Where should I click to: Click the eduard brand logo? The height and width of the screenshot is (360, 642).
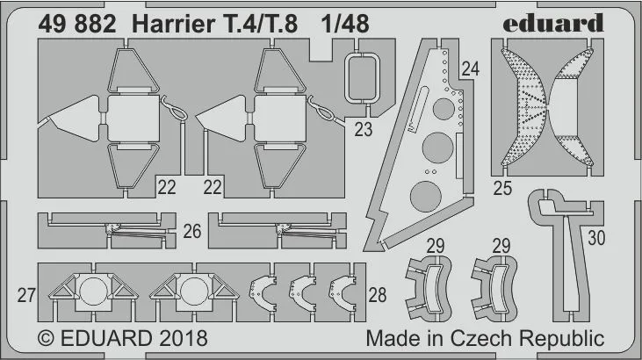553,23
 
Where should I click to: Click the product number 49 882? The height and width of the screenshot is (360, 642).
77,25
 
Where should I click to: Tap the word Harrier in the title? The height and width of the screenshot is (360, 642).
172,25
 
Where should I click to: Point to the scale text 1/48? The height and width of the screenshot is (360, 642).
345,25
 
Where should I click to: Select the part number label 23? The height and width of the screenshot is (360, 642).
364,130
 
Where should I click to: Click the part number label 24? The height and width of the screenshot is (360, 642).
470,68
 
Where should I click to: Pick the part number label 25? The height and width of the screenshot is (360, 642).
502,189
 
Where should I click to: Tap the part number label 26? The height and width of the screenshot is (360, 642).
192,232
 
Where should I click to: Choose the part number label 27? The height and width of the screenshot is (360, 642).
26,295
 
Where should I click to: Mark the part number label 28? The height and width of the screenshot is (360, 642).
377,295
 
